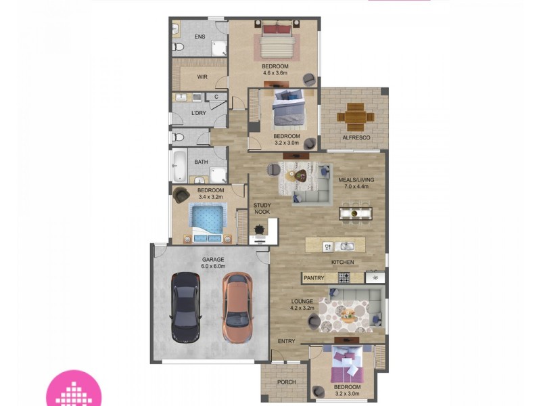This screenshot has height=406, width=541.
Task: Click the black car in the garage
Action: (x=184, y=307)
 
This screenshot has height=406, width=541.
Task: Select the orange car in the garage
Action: (x=236, y=307)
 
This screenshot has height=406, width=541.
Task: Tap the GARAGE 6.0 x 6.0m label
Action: (x=213, y=263)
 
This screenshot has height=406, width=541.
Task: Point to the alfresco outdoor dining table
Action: (x=356, y=116)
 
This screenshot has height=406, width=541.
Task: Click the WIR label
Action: (x=202, y=77)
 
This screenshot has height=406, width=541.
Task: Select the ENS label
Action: (x=199, y=36)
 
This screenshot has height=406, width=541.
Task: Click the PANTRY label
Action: (x=314, y=278)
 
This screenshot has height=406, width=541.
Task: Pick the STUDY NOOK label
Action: (x=262, y=208)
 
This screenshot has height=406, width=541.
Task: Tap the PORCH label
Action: (x=287, y=382)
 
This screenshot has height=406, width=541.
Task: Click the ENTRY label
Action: (x=286, y=341)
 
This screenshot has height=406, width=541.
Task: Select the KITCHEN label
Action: (x=342, y=262)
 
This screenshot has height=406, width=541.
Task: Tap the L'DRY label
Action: (x=199, y=113)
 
